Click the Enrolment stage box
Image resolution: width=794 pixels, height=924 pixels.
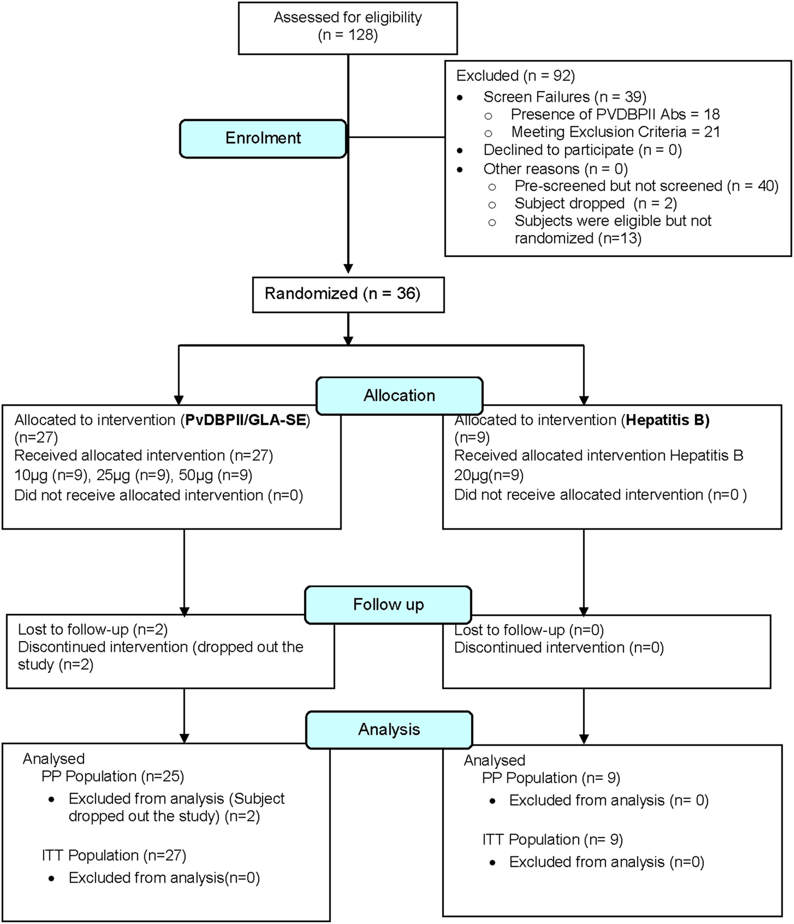(263, 139)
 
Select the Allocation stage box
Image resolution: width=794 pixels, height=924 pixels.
(399, 396)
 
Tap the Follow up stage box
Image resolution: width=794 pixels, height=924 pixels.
(388, 605)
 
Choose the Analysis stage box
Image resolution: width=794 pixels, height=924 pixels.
(389, 730)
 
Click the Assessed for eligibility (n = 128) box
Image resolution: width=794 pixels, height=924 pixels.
(348, 27)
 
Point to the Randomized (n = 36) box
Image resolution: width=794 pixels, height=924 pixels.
(348, 294)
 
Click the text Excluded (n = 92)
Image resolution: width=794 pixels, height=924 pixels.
(516, 76)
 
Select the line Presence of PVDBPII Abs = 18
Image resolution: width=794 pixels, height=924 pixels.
(615, 114)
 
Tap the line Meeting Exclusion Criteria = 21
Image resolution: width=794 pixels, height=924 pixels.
(616, 132)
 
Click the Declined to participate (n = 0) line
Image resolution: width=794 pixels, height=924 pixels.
(582, 150)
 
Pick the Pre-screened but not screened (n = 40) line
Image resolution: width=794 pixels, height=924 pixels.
(646, 186)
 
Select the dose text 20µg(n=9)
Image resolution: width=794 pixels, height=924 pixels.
(489, 475)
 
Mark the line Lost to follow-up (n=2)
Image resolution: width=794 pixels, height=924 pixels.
(93, 630)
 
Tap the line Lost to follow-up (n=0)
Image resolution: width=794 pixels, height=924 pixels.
(529, 630)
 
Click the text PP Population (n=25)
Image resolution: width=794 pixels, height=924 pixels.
(113, 776)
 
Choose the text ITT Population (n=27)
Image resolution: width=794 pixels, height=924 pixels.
(114, 855)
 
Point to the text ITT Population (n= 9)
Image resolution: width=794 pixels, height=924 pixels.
(552, 839)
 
